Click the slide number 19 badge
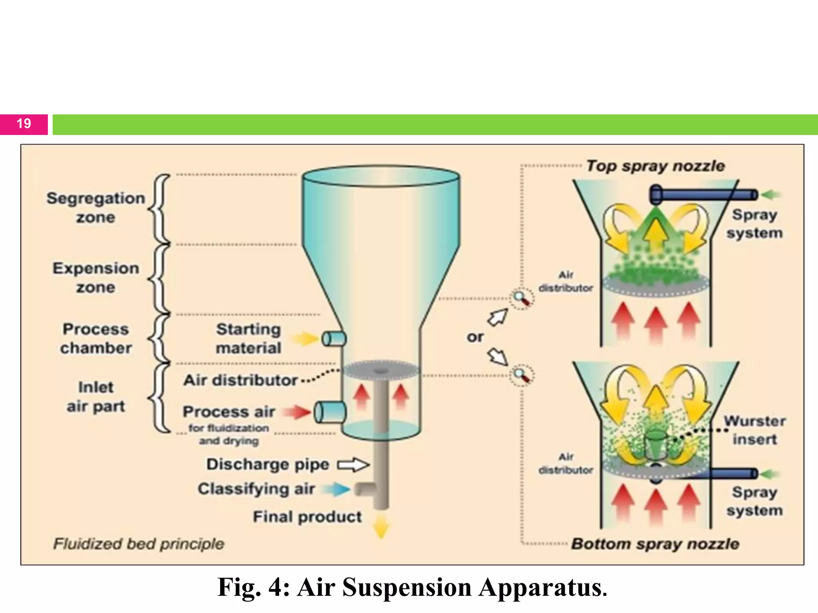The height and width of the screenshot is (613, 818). [24, 124]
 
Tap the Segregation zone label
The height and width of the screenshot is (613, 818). [95, 208]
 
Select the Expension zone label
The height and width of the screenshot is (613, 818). [95, 278]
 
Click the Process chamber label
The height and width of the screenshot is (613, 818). [95, 338]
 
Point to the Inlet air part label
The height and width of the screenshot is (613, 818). [95, 397]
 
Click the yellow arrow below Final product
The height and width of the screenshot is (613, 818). [381, 526]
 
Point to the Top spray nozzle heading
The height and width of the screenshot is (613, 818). [655, 166]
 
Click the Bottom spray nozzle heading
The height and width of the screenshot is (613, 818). [655, 544]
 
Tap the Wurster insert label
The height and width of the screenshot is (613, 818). [754, 430]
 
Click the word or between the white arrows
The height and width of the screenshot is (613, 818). [475, 337]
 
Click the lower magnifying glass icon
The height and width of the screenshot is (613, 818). [522, 375]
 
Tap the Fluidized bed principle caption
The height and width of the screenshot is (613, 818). [139, 544]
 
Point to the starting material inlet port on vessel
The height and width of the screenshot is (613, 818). [334, 339]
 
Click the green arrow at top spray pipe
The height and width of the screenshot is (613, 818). [770, 195]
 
